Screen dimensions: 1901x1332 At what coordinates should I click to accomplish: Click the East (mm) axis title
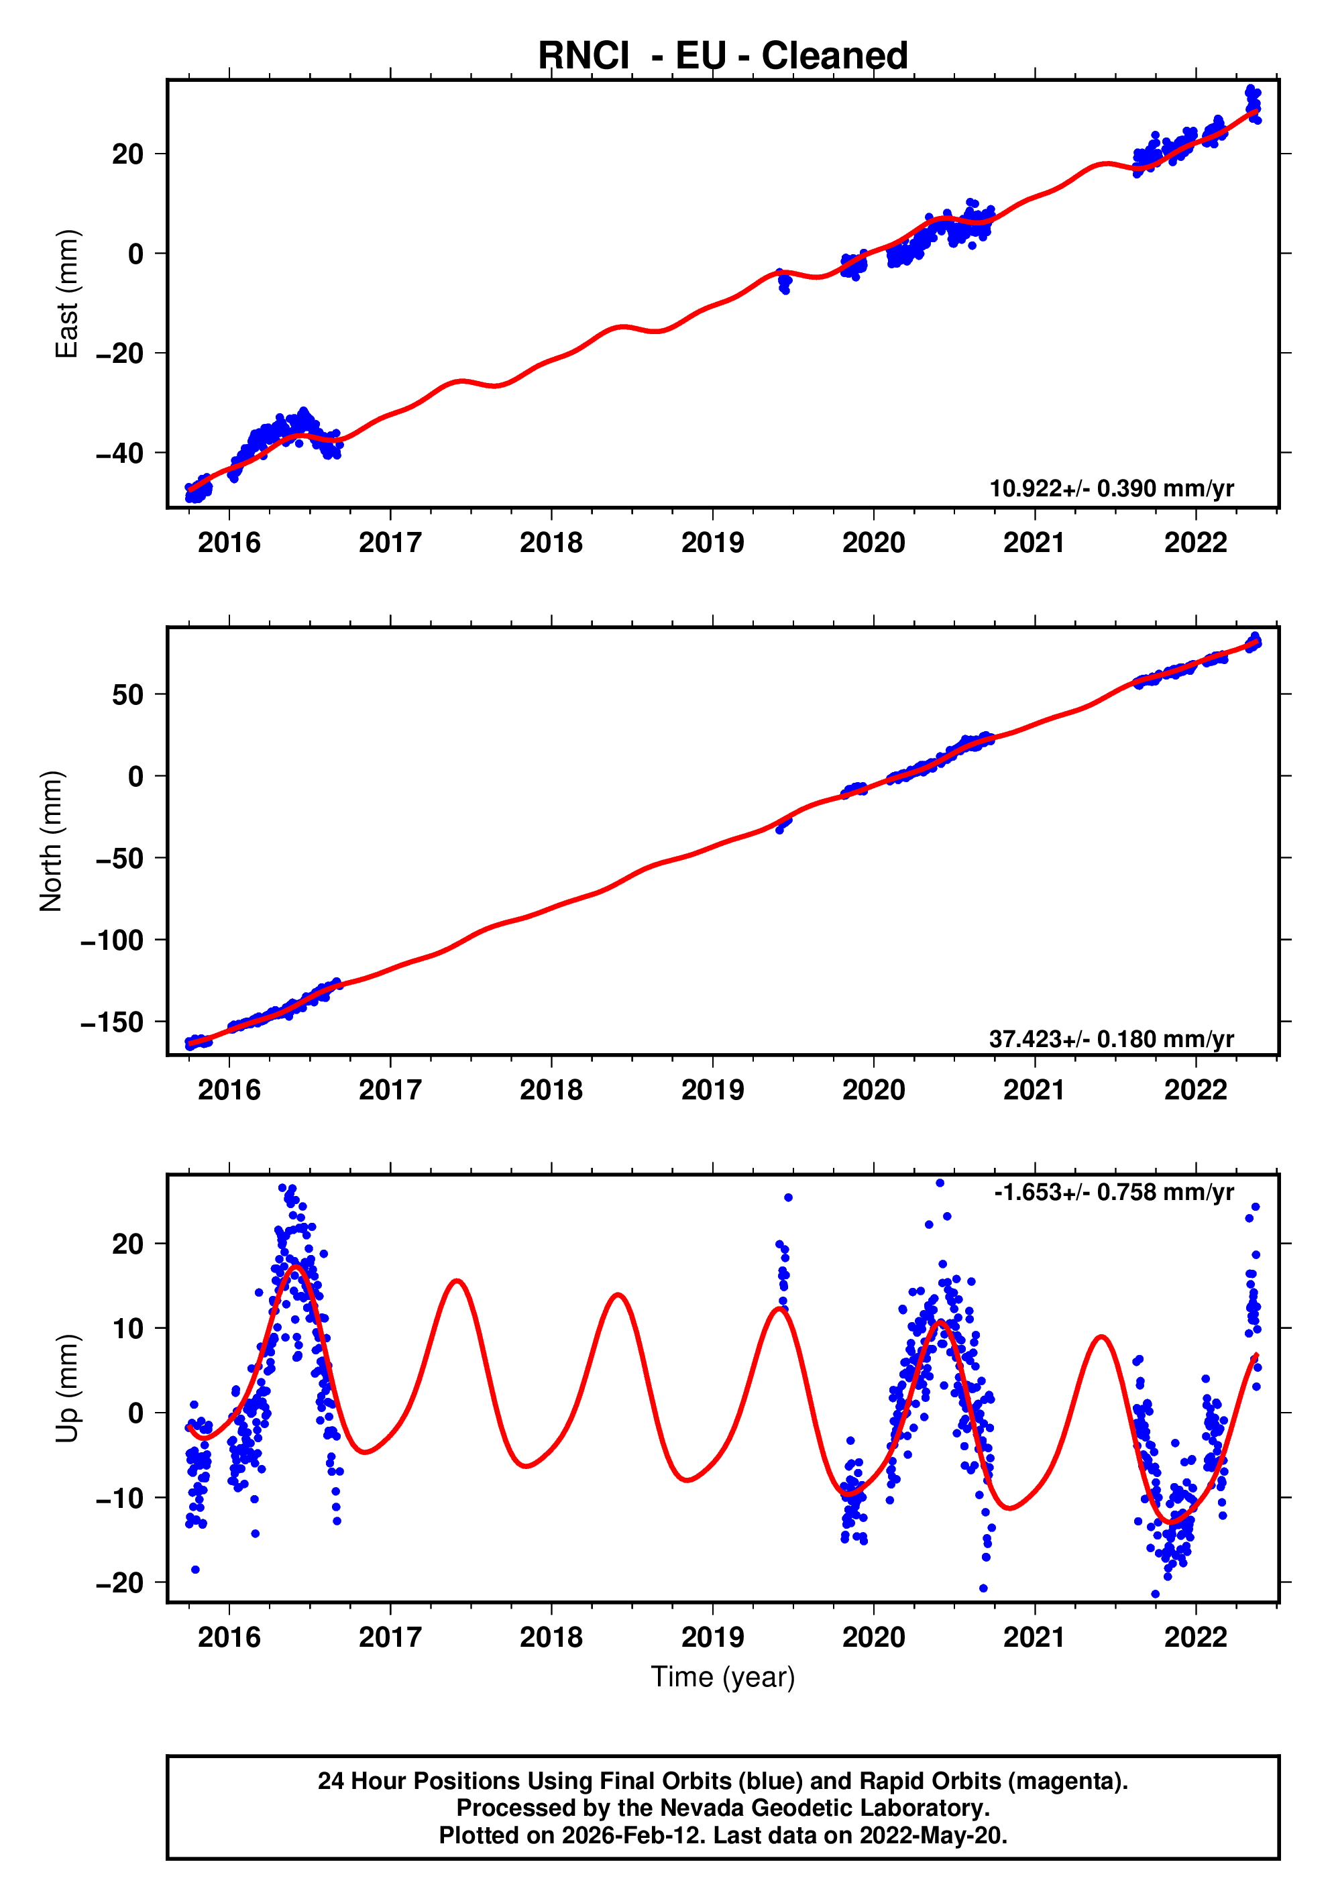(x=66, y=294)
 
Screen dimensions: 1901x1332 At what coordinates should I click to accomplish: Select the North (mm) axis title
(x=52, y=841)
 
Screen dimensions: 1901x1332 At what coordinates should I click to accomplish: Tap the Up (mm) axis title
(x=66, y=1389)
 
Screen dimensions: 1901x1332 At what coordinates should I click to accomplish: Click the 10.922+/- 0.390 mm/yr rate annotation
(x=1111, y=488)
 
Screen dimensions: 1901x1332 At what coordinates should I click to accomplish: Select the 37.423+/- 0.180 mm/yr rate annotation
(x=1111, y=1038)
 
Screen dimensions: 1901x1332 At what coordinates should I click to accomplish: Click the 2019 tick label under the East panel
(x=712, y=543)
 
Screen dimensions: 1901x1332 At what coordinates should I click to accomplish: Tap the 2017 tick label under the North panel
(x=390, y=1091)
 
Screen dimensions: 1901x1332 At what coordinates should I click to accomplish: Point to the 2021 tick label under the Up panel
(x=1034, y=1637)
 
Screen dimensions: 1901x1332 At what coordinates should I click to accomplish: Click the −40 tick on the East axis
(x=119, y=453)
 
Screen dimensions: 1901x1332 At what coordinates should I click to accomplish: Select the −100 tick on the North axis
(x=112, y=940)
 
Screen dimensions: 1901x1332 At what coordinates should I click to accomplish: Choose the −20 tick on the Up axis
(x=119, y=1583)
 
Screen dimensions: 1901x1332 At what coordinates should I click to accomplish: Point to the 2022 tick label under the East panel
(x=1195, y=543)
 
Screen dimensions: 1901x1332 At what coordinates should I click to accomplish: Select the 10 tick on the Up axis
(x=127, y=1329)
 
